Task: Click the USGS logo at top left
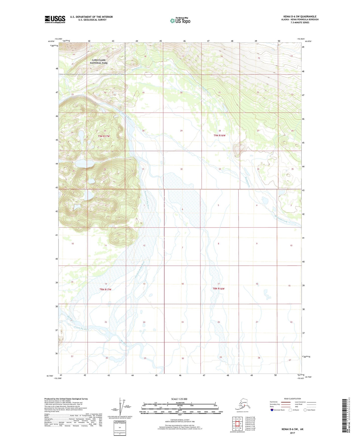pos(55,19)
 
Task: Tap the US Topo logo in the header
pos(180,21)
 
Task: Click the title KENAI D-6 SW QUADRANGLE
pos(300,17)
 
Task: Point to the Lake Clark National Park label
pos(99,61)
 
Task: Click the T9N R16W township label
pos(220,135)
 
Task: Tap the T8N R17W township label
pos(105,289)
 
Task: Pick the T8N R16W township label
pos(219,288)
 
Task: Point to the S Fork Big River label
pos(82,328)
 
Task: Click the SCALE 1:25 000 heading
pos(179,399)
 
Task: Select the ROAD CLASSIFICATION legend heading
pos(292,399)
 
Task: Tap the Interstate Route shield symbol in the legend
pos(272,410)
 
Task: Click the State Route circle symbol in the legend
pos(305,410)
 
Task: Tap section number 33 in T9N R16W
pos(220,169)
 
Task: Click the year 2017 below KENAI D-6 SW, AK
pos(292,433)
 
